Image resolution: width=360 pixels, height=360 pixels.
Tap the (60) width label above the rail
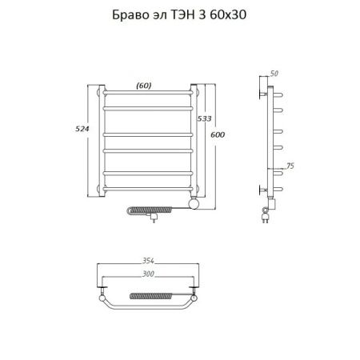[x=144, y=86]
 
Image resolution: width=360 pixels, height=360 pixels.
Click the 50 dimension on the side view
[x=275, y=74]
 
